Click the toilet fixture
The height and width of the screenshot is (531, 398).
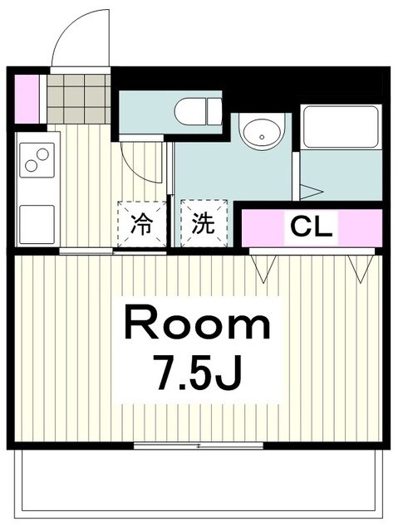point(198,110)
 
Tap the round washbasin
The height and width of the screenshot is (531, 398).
point(261,133)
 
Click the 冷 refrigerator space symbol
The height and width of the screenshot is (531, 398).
point(142,225)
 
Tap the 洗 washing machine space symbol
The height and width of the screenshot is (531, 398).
point(203,225)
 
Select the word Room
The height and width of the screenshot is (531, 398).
point(198,324)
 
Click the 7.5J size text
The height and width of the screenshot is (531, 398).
point(198,372)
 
